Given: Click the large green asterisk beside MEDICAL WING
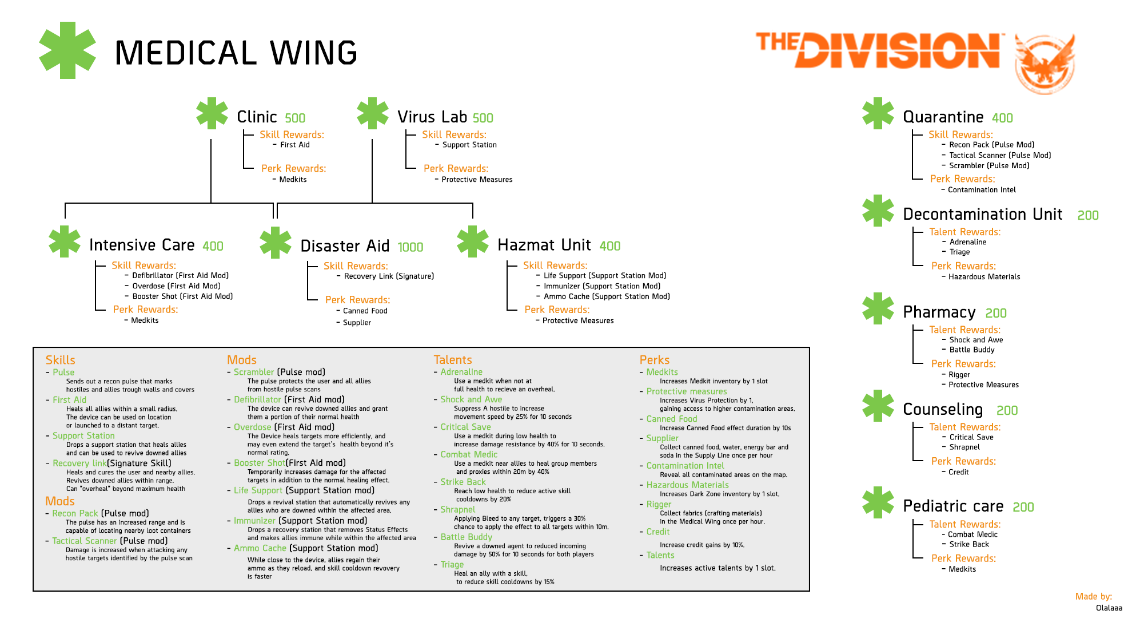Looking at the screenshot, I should (67, 50).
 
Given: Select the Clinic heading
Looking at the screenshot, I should (257, 117).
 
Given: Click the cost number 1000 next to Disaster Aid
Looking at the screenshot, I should (410, 247).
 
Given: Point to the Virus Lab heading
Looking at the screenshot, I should (432, 117).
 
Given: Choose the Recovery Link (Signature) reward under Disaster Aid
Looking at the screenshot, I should (389, 276).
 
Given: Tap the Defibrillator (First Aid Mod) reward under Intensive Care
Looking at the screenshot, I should (180, 276).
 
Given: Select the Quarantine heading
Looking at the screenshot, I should (943, 117).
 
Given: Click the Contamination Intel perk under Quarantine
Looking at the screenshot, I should (982, 190).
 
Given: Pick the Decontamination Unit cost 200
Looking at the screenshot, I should (1088, 215).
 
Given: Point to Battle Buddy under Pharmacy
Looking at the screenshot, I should (972, 350).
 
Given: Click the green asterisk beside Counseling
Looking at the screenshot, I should (878, 406).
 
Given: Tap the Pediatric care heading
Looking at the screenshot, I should (953, 506).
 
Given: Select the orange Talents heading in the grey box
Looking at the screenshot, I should (453, 360).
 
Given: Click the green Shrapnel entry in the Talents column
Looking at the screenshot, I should (457, 509).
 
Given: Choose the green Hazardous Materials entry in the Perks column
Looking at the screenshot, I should (687, 485).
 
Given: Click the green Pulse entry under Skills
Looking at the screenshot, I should (63, 372).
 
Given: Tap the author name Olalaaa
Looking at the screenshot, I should (1109, 608).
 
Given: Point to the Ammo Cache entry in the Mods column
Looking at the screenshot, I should (260, 548).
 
